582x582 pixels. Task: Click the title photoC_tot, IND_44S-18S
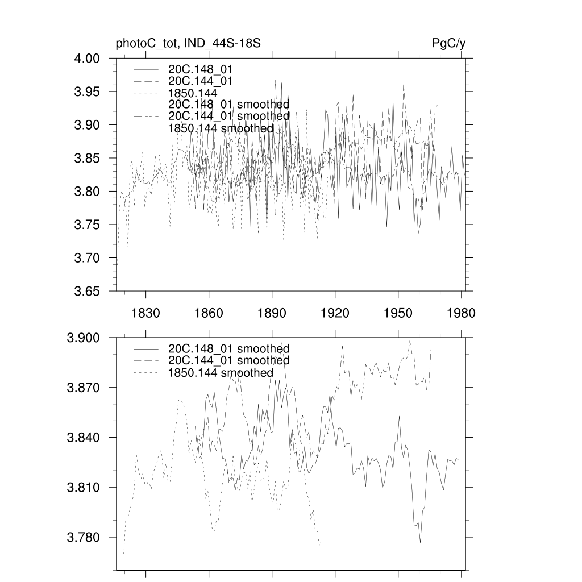tap(188, 43)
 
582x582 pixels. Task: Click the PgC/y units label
tap(449, 43)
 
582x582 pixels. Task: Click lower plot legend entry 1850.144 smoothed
tap(221, 373)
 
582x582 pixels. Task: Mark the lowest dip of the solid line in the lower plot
tap(420, 542)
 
